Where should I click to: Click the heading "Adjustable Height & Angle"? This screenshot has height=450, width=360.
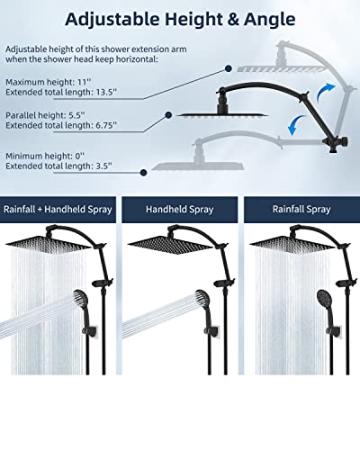(x=180, y=18)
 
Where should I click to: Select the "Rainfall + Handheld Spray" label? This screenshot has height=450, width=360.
(x=59, y=210)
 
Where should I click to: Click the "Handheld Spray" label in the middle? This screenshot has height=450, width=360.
(x=179, y=210)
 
